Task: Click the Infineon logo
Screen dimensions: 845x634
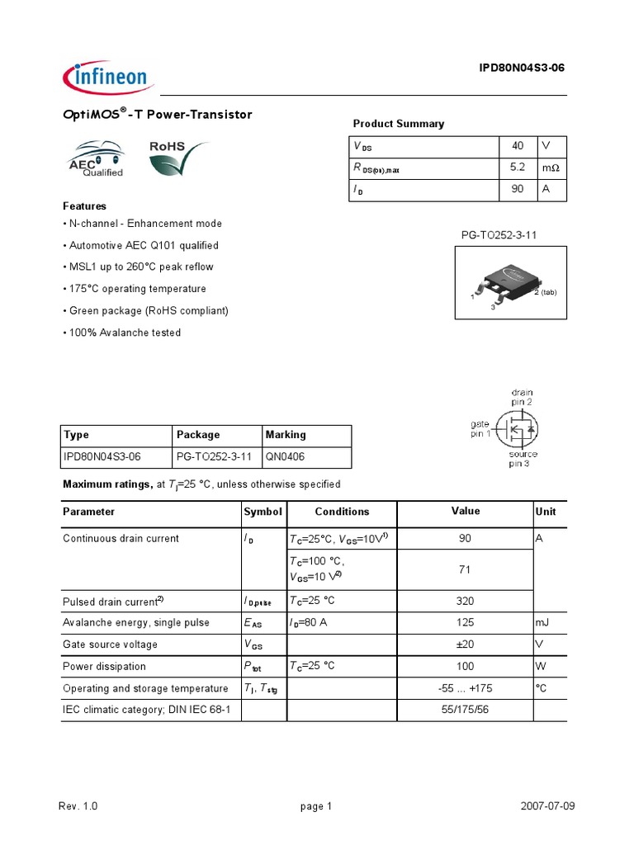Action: point(106,78)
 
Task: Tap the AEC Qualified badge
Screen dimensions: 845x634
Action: point(96,159)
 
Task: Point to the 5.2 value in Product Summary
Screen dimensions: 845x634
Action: point(518,168)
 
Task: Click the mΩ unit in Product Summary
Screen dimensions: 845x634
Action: point(550,168)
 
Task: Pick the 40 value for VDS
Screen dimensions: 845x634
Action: point(518,145)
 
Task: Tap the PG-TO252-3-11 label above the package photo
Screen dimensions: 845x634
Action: point(499,235)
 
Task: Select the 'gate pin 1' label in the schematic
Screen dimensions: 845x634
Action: point(480,429)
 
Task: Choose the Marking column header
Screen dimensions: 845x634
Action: point(286,435)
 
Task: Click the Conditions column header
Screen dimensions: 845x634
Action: point(342,512)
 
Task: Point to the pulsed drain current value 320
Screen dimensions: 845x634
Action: point(465,601)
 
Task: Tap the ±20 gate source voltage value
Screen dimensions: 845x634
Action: point(465,644)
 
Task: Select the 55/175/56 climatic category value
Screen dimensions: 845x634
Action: point(465,710)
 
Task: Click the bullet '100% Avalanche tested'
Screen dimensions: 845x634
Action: point(124,333)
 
